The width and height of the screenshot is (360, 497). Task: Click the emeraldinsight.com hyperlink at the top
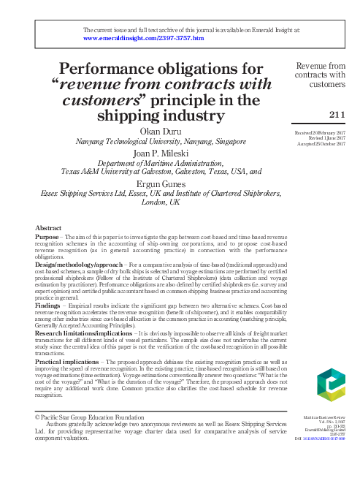(x=144, y=37)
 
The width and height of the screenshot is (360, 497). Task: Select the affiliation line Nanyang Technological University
(x=160, y=140)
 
